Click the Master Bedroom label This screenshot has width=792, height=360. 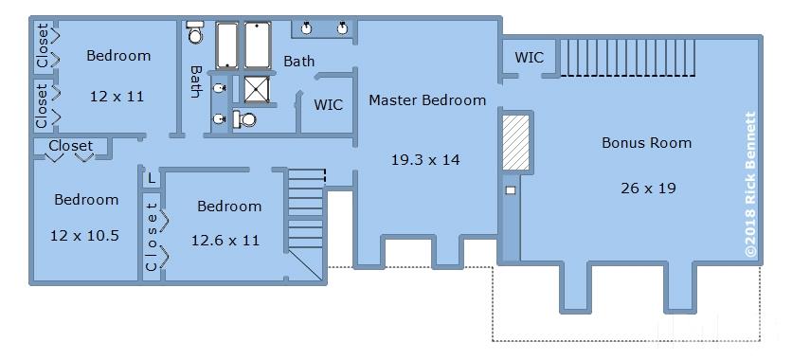click(427, 100)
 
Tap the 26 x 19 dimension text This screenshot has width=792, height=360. click(648, 189)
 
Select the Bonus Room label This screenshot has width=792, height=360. click(646, 143)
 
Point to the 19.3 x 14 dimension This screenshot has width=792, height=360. click(425, 160)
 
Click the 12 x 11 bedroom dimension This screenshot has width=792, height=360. click(117, 96)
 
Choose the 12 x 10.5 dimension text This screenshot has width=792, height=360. click(85, 235)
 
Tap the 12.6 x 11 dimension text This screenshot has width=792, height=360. click(225, 241)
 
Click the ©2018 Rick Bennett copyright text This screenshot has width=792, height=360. click(750, 185)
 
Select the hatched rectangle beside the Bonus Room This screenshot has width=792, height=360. click(515, 142)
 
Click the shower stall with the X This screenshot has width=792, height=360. click(257, 89)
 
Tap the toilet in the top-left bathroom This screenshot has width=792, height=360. click(194, 31)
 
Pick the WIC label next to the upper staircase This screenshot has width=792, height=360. click(530, 58)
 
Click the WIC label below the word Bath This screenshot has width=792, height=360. click(329, 105)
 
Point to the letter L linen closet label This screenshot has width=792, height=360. click(151, 178)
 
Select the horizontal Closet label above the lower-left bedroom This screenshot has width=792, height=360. click(71, 146)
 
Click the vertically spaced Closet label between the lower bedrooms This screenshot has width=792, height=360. click(152, 236)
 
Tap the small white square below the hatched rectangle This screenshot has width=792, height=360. click(511, 190)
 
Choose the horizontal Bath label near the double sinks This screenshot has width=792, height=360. click(299, 62)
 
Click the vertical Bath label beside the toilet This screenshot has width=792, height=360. click(195, 81)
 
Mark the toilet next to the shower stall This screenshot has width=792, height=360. click(244, 119)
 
